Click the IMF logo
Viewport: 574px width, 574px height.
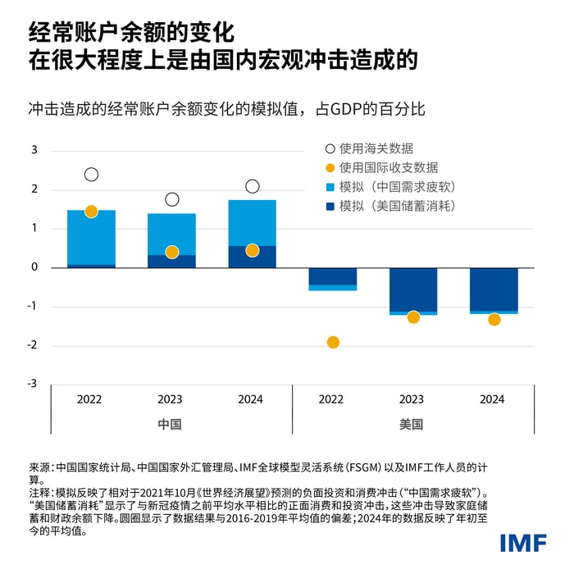(x=524, y=542)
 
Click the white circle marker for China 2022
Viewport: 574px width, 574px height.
(x=91, y=175)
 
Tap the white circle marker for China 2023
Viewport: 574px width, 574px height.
(x=171, y=199)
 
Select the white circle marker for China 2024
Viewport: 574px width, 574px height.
(x=253, y=186)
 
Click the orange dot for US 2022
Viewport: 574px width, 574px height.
(x=333, y=342)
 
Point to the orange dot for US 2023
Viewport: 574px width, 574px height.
(x=413, y=317)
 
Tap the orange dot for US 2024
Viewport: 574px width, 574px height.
(x=494, y=320)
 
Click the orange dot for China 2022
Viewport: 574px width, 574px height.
(x=91, y=212)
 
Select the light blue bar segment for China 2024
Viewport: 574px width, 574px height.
(x=253, y=223)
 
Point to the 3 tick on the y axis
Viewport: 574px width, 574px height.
(x=34, y=150)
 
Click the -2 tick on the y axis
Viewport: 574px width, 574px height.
(x=32, y=345)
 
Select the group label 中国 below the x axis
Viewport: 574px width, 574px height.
(x=170, y=425)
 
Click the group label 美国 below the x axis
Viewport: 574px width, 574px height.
(x=412, y=425)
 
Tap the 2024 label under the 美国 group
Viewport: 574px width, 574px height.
(x=492, y=399)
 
